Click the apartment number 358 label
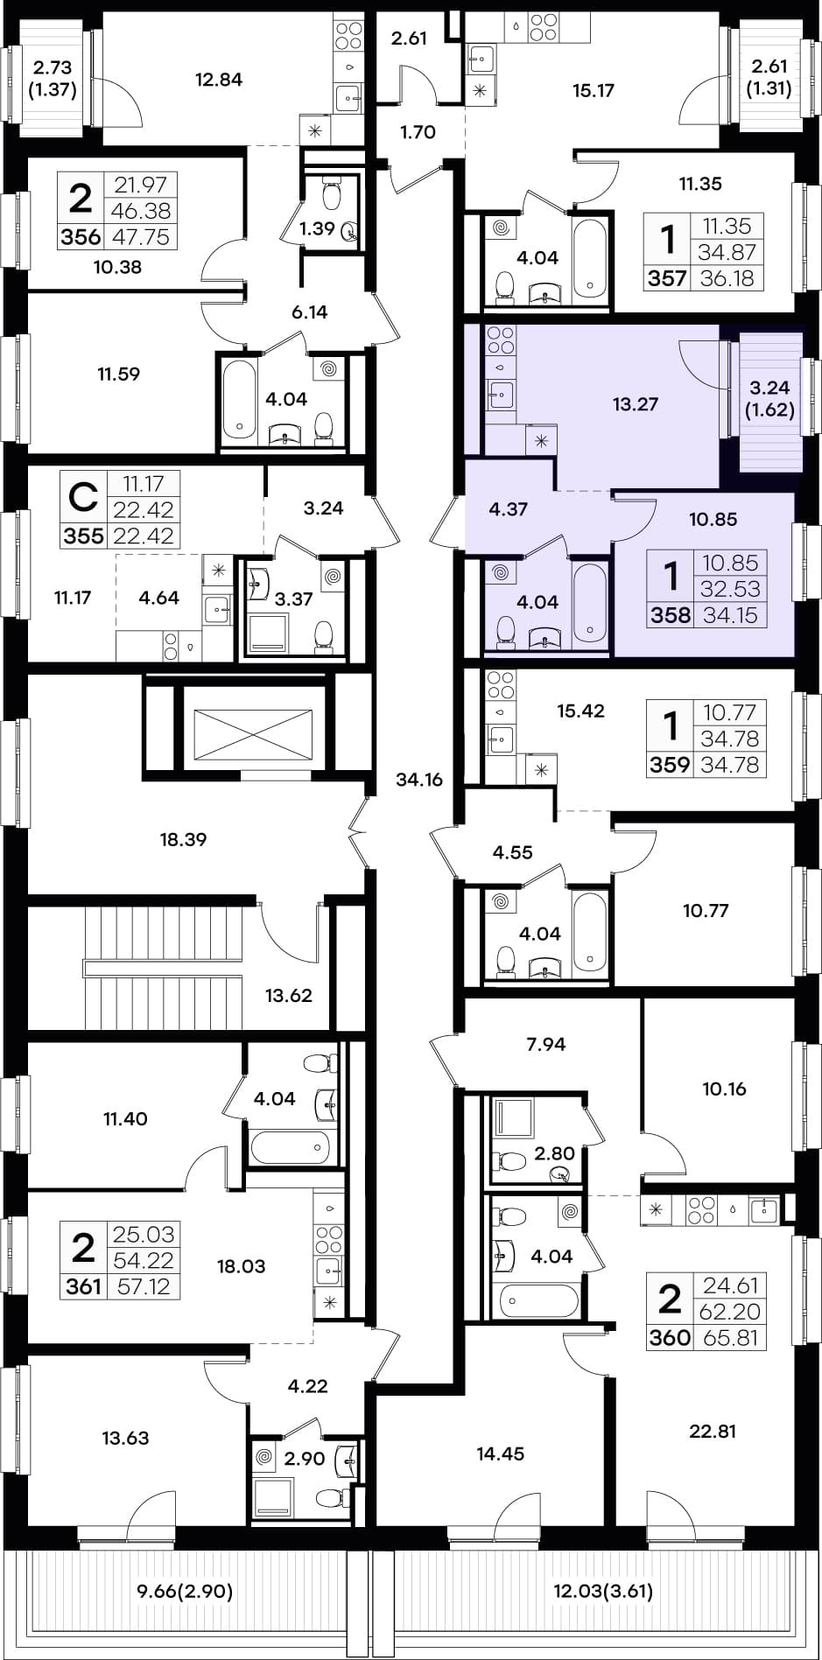(x=671, y=615)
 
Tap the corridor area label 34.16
(x=419, y=780)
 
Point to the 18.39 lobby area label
(x=183, y=839)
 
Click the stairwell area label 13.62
(x=288, y=995)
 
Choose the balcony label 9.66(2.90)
(x=186, y=1591)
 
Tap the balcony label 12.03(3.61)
(x=603, y=1591)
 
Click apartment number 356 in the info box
(x=81, y=237)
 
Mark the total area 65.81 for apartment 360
(x=730, y=1338)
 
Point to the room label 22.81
(x=713, y=1432)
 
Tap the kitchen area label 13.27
(x=635, y=404)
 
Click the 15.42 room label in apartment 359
(x=580, y=711)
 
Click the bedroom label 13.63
(x=125, y=1438)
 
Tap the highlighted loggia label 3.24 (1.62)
(x=770, y=398)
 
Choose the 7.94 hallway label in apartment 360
(x=545, y=1043)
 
